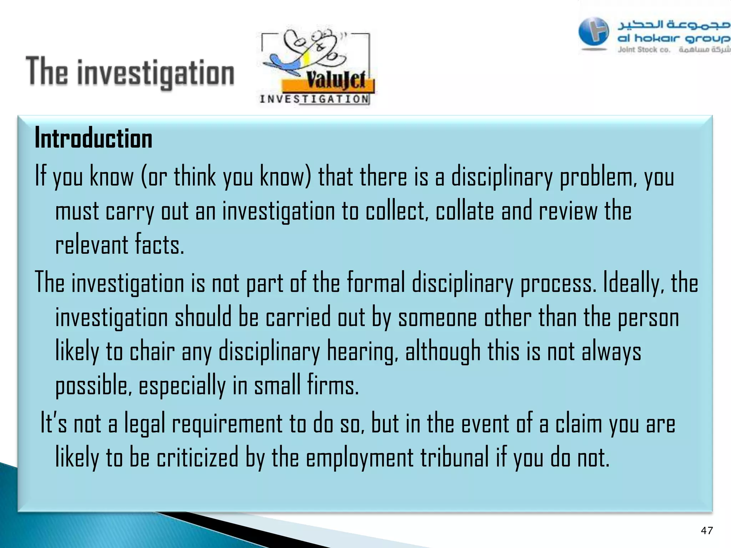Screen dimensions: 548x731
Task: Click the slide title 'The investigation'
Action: point(130,72)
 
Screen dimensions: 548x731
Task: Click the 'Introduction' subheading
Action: point(94,138)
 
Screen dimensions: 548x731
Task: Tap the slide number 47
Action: point(707,531)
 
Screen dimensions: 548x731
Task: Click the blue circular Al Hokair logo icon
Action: point(594,32)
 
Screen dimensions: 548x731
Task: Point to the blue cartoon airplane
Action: point(286,65)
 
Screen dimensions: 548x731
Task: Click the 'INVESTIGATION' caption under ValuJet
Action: point(314,99)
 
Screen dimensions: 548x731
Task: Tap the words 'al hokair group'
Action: point(673,38)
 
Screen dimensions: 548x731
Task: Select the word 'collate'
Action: point(465,211)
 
